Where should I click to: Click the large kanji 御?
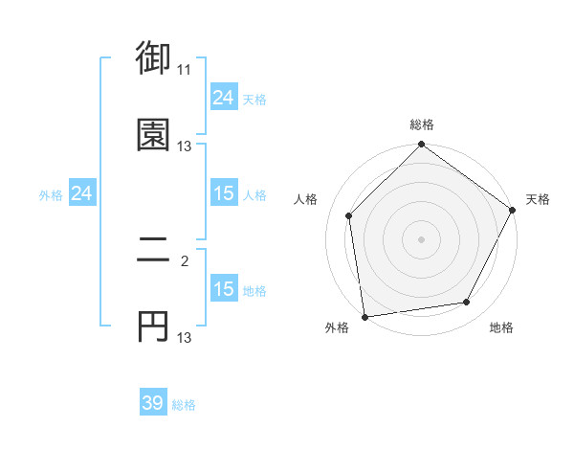(153, 59)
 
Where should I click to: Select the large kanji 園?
(153, 135)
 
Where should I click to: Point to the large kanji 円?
(153, 326)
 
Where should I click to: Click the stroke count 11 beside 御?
(185, 70)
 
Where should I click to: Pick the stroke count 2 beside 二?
(185, 259)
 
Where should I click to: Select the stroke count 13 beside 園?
(185, 146)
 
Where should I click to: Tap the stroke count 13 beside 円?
(185, 337)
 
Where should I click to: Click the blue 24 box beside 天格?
(223, 98)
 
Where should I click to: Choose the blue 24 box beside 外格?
(81, 194)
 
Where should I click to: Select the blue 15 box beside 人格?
(223, 194)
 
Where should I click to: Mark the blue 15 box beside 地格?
(223, 290)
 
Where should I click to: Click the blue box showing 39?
(153, 403)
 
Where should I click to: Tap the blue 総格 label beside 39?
(184, 405)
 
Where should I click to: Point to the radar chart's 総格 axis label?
(421, 124)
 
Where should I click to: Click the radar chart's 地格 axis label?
(501, 327)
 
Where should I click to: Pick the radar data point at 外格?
(364, 316)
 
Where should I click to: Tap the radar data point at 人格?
(349, 215)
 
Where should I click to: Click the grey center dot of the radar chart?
(421, 239)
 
